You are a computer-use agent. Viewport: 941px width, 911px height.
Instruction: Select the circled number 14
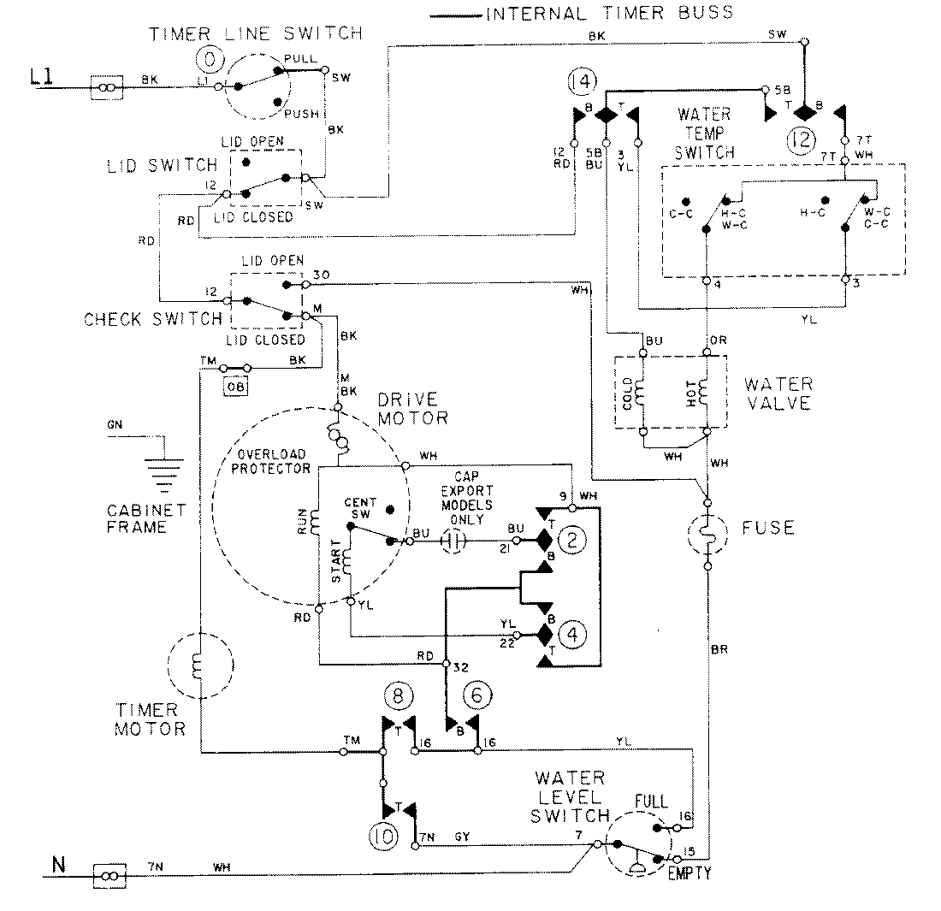point(579,83)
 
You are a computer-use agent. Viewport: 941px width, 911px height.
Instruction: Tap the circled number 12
point(805,139)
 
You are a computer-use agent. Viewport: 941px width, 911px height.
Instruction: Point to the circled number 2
point(571,539)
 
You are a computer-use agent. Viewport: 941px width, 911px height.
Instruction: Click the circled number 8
point(397,691)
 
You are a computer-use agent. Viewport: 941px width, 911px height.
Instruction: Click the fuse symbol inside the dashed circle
point(707,534)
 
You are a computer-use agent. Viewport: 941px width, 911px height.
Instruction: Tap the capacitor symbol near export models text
point(455,541)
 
